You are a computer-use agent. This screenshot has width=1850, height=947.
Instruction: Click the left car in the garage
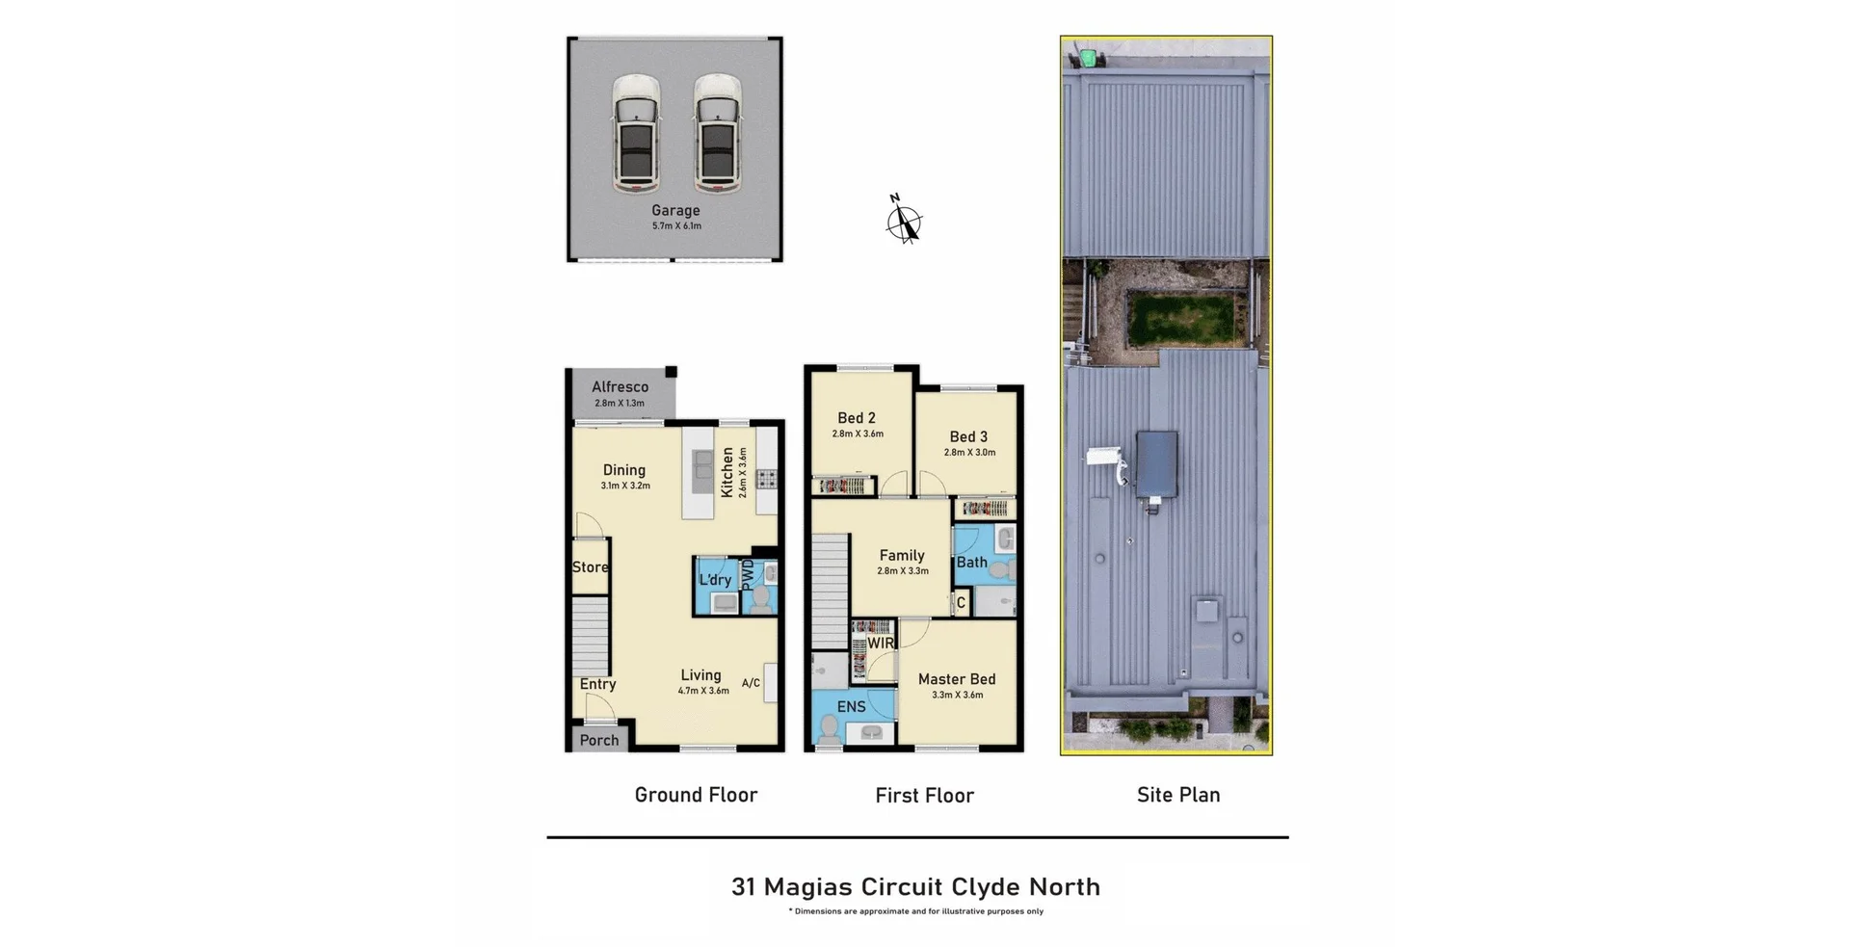click(x=636, y=133)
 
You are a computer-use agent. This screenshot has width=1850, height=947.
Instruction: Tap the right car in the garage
click(x=718, y=133)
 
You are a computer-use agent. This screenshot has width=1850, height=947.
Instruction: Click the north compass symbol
click(x=904, y=222)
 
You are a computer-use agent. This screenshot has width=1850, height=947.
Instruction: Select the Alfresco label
click(x=620, y=387)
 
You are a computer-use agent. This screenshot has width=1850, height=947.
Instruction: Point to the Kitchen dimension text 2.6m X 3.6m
click(x=743, y=472)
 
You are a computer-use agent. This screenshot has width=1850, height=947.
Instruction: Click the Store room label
click(x=590, y=567)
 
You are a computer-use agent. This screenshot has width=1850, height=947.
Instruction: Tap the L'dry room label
click(x=715, y=580)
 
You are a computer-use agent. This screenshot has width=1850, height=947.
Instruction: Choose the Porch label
click(x=598, y=740)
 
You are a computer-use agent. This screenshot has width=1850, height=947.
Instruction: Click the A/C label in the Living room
click(x=751, y=683)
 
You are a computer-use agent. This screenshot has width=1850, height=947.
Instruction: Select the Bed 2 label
click(x=856, y=418)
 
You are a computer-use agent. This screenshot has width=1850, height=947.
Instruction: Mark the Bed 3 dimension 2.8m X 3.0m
click(x=969, y=453)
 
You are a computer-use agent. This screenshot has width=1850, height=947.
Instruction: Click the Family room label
click(x=902, y=555)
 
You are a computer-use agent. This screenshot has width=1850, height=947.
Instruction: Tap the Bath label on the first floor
click(x=971, y=563)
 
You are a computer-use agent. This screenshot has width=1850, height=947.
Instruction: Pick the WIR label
click(x=881, y=644)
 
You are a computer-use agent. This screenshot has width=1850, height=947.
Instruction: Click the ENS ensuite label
click(x=851, y=707)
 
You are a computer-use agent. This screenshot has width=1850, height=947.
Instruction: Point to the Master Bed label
click(x=956, y=679)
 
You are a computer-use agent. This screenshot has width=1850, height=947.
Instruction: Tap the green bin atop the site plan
click(x=1088, y=58)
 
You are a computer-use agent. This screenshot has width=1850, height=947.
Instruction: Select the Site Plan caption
click(x=1177, y=795)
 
